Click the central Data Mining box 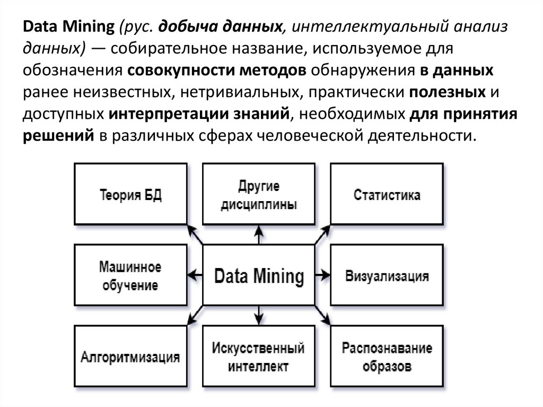pos(259,275)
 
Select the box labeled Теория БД pos(130,194)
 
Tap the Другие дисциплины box pos(259,194)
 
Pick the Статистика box pos(387,194)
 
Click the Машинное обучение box pos(130,275)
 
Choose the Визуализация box pos(387,275)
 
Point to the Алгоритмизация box pos(130,356)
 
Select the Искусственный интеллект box pos(259,356)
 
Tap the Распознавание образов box pos(387,356)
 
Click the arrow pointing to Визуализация pos(322,275)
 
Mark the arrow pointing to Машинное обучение pos(195,275)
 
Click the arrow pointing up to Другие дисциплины pos(259,235)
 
